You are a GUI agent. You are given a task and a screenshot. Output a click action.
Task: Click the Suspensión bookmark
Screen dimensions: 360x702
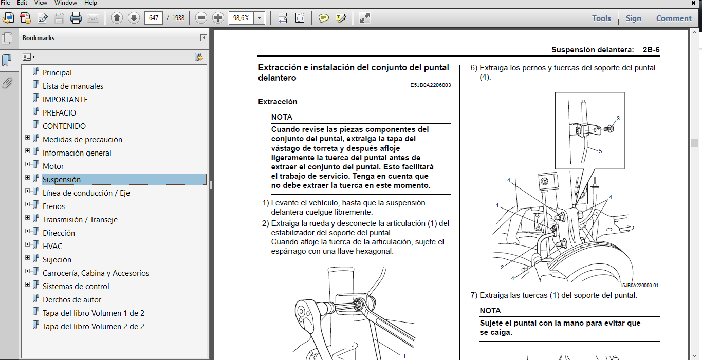[x=62, y=180]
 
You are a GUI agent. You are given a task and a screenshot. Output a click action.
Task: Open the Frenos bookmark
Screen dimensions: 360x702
[x=53, y=206]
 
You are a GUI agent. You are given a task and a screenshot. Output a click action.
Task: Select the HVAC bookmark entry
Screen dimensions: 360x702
[x=52, y=247]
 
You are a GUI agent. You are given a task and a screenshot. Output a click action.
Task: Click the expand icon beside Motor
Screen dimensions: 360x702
[x=28, y=166]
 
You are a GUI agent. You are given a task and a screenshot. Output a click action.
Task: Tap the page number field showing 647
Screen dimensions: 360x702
[x=153, y=18]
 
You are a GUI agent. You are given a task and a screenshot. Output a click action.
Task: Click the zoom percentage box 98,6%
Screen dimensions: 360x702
[x=241, y=18]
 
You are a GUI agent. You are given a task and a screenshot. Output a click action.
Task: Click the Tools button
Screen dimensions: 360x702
[x=601, y=18]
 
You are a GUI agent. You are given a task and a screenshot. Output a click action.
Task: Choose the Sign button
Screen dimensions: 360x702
[x=633, y=18]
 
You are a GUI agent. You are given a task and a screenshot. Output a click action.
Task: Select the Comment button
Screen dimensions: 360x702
[x=674, y=18]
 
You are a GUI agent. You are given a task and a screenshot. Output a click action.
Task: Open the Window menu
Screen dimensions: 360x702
[x=65, y=3]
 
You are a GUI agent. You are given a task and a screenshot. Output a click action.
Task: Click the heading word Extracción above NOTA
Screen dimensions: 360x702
[x=278, y=102]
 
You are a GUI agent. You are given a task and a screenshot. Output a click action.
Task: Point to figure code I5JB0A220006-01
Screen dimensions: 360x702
[x=639, y=286]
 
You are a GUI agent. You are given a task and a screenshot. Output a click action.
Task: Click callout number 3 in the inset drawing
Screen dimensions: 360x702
[x=618, y=118]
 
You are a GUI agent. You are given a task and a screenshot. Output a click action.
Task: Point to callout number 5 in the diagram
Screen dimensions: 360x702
[x=600, y=150]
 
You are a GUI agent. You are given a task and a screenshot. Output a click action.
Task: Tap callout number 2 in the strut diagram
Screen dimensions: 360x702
[x=502, y=267]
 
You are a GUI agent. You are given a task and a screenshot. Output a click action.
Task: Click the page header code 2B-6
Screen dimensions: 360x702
[x=651, y=50]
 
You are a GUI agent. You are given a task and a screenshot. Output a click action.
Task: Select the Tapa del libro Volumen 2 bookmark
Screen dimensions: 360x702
[x=93, y=327]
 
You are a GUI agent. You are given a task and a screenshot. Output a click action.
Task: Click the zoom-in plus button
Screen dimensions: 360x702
[x=218, y=18]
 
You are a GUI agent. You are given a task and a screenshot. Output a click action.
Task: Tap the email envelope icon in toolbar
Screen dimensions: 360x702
[x=93, y=18]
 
